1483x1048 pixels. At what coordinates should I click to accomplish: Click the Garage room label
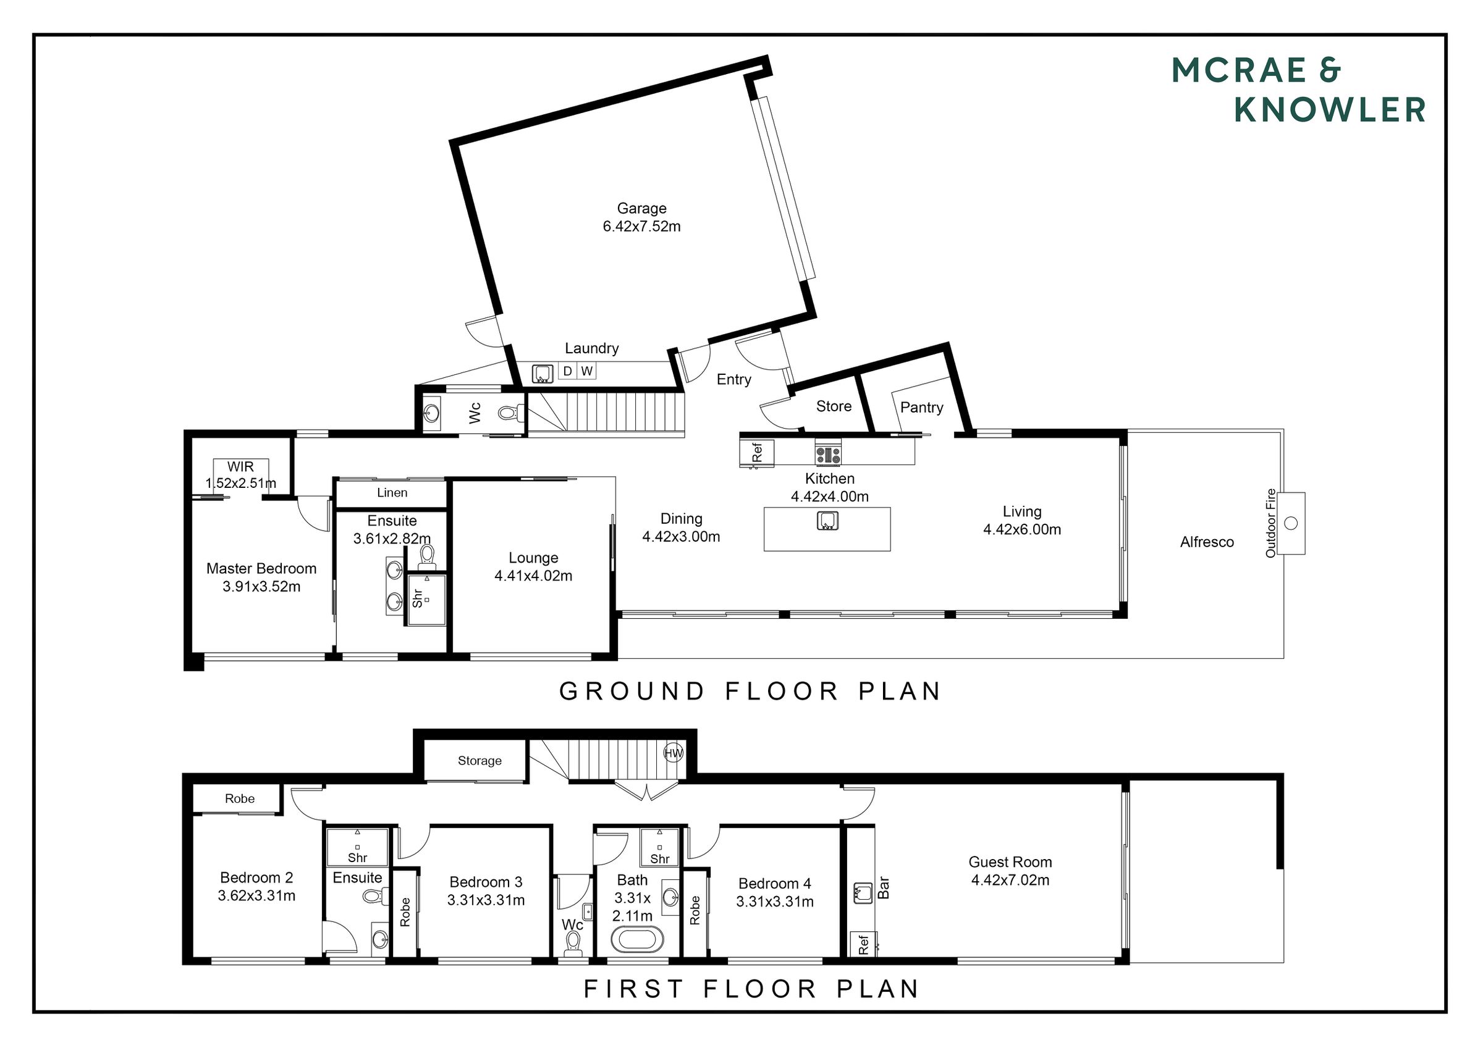[641, 209]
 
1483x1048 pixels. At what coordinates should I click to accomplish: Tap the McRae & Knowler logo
[1298, 90]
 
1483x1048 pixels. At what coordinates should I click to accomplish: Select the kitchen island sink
[827, 521]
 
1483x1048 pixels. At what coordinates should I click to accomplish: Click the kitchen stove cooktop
[828, 452]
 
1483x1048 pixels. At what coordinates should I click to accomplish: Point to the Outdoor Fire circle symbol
[1291, 523]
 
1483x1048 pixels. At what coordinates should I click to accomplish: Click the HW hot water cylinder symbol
[674, 753]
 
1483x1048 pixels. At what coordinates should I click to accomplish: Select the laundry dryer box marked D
[567, 371]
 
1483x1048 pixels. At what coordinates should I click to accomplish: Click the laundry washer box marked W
[586, 371]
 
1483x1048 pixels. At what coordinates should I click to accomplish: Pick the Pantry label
[922, 408]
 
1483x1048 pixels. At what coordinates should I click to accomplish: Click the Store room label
[833, 406]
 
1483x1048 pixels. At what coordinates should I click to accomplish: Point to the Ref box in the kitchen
[757, 452]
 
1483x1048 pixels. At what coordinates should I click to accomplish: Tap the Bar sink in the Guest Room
[863, 892]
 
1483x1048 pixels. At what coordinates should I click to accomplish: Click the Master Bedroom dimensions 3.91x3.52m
[261, 587]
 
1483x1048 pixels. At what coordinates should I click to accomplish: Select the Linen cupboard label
[392, 493]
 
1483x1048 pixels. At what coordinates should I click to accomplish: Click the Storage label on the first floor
[480, 761]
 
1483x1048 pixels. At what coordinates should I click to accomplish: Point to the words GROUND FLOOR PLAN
[750, 692]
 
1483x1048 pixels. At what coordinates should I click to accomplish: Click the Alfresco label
[1207, 542]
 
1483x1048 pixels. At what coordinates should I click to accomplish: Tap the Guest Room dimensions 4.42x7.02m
[1010, 880]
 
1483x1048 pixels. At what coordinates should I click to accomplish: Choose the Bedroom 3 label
[486, 882]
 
